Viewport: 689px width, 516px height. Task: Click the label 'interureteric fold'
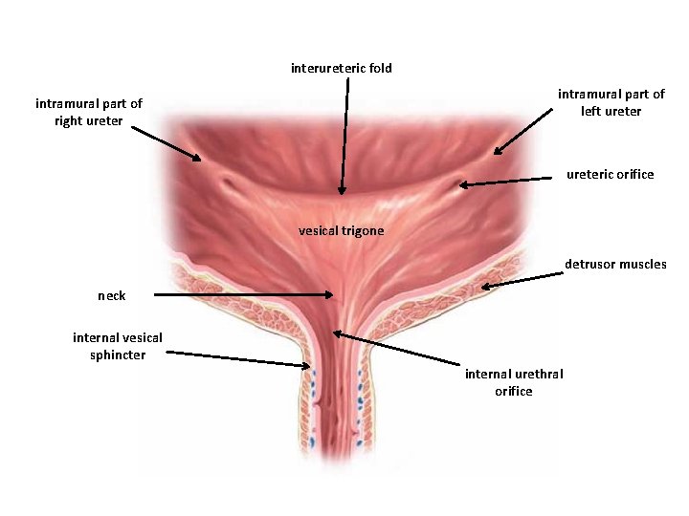pos(341,68)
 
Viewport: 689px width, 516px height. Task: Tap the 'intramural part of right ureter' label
pos(88,112)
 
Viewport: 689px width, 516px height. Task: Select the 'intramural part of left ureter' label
pos(611,102)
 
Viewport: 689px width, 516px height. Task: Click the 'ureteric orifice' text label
pos(610,174)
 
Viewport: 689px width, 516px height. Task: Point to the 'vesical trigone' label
pos(341,231)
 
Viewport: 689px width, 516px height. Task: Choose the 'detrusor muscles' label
pos(615,264)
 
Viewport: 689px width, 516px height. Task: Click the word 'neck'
pos(112,295)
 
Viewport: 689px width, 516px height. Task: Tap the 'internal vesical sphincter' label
pos(117,346)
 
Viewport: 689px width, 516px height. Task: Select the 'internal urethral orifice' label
pos(514,382)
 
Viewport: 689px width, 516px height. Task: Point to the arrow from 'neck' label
pos(244,295)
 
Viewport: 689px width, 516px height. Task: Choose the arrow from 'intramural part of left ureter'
pos(524,130)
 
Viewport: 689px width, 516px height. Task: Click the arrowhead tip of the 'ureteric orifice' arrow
pos(459,185)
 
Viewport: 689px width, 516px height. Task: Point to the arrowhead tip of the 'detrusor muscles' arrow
pos(480,287)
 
